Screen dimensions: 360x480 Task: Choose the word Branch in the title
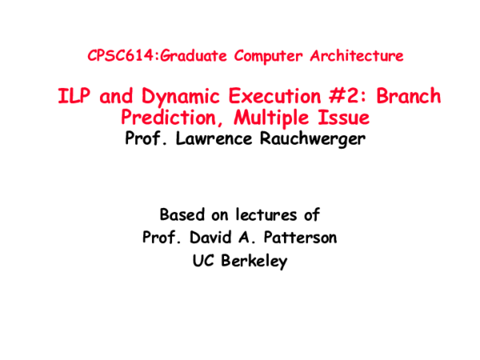pyautogui.click(x=408, y=97)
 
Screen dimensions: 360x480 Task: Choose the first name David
pyautogui.click(x=206, y=238)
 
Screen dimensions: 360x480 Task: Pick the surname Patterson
pyautogui.click(x=295, y=238)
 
